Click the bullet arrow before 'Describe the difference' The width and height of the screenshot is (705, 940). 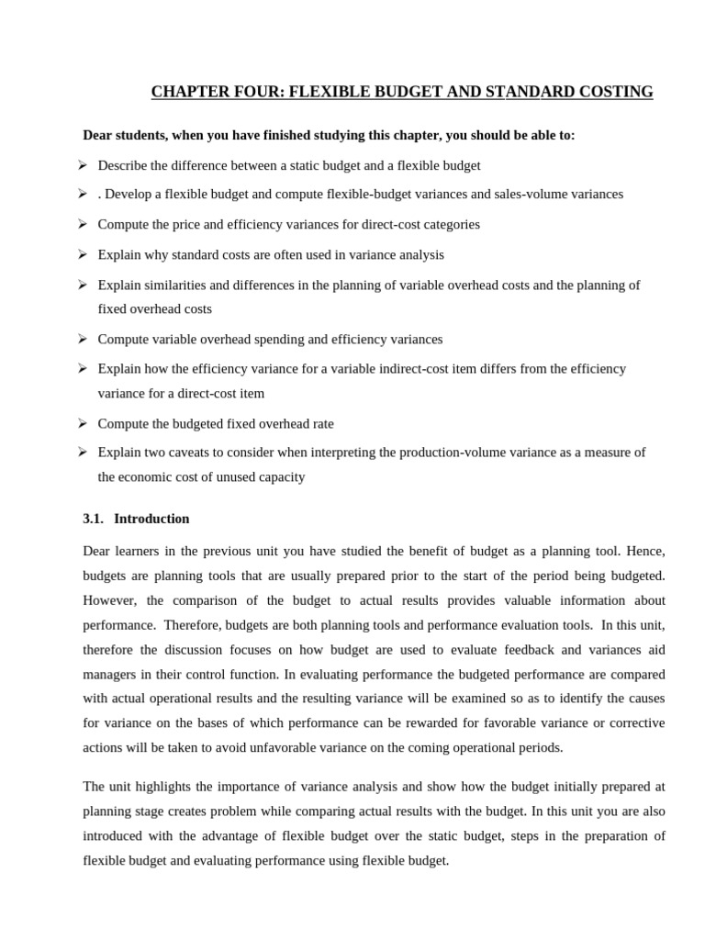83,165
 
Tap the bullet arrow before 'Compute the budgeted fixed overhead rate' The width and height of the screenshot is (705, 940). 83,423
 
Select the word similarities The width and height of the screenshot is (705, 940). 172,285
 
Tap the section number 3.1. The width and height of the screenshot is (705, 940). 93,519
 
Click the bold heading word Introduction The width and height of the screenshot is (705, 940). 151,519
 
